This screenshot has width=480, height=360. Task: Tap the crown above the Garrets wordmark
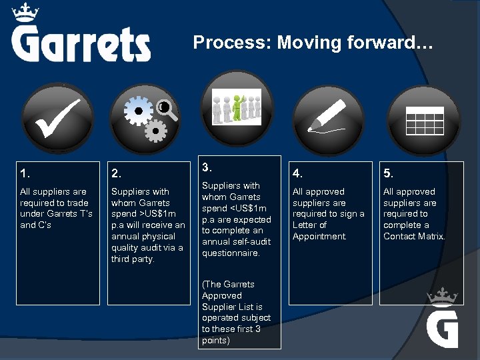pos(25,11)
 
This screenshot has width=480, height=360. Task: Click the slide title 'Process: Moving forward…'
pos(313,43)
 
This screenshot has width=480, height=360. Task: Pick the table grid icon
pos(425,120)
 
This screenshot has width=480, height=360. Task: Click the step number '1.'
pos(25,174)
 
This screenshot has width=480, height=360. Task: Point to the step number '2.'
pos(117,174)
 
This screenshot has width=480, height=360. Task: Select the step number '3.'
pos(207,167)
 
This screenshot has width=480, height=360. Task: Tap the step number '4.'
pos(298,174)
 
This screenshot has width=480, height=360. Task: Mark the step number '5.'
pos(389,174)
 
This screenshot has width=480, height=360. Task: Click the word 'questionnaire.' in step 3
pos(231,253)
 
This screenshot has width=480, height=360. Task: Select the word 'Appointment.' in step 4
pos(319,236)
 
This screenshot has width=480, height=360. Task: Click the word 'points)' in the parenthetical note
pos(216,341)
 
